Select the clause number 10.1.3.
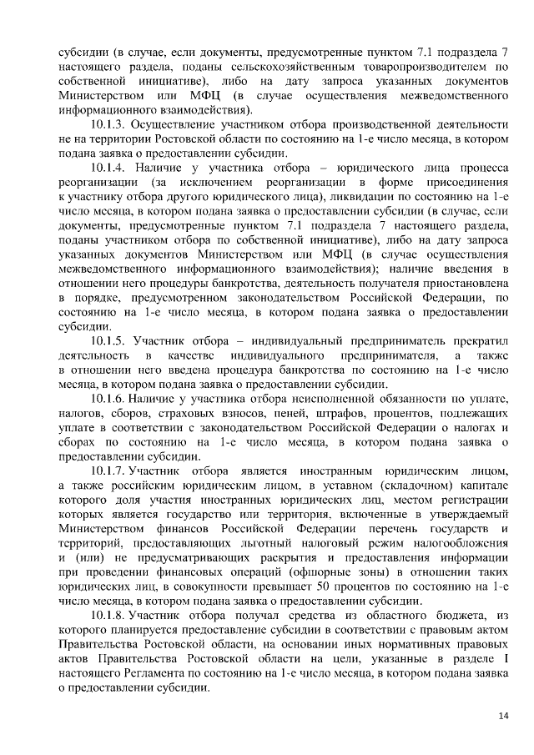[113, 125]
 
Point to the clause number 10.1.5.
[113, 342]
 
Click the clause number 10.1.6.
[113, 399]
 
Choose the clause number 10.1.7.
[113, 470]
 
